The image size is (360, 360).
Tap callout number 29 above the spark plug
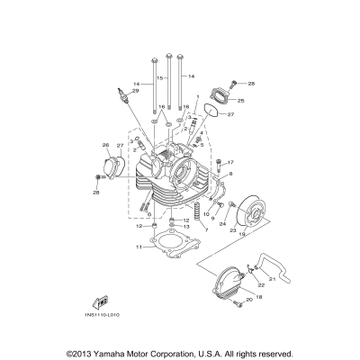point(136,91)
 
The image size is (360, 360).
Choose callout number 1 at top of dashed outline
point(196,95)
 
